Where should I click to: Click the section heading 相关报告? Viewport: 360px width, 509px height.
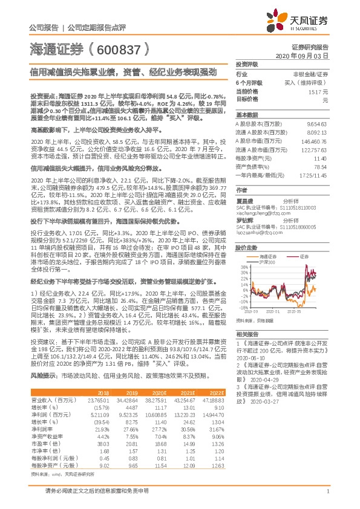click(246, 334)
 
